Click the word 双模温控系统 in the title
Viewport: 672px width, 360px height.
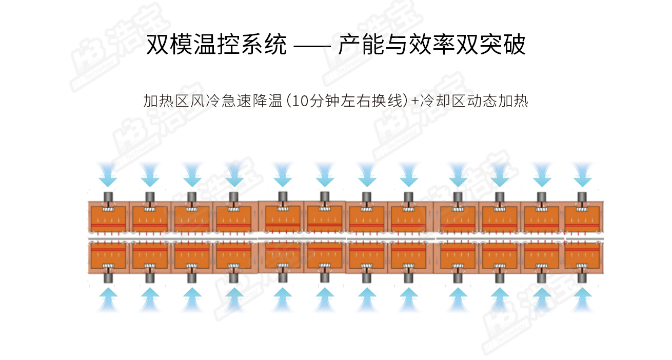[216, 45]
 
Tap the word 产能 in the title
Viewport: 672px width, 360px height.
[361, 45]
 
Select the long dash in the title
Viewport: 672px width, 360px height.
[312, 46]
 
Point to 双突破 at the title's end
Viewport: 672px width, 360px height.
[490, 45]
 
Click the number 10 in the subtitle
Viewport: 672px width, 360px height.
[300, 101]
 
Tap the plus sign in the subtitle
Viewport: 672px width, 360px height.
[415, 101]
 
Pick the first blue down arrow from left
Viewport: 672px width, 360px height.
[108, 174]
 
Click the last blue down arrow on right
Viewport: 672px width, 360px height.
[582, 174]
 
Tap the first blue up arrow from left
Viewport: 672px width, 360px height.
[108, 299]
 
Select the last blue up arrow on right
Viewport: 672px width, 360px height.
[582, 299]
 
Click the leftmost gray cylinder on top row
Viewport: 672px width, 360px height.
[108, 197]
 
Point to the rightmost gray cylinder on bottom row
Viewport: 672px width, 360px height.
[582, 277]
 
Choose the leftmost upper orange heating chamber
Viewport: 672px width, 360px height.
[108, 219]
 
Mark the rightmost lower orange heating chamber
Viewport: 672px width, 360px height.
[582, 255]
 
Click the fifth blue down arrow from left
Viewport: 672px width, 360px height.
[283, 174]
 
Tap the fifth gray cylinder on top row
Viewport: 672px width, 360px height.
[283, 197]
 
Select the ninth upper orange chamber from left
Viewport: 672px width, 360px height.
[458, 219]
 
